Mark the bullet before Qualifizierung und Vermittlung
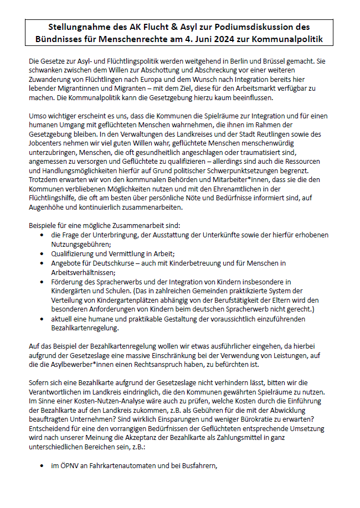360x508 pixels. pos(43,253)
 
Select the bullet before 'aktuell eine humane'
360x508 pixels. pos(43,320)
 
